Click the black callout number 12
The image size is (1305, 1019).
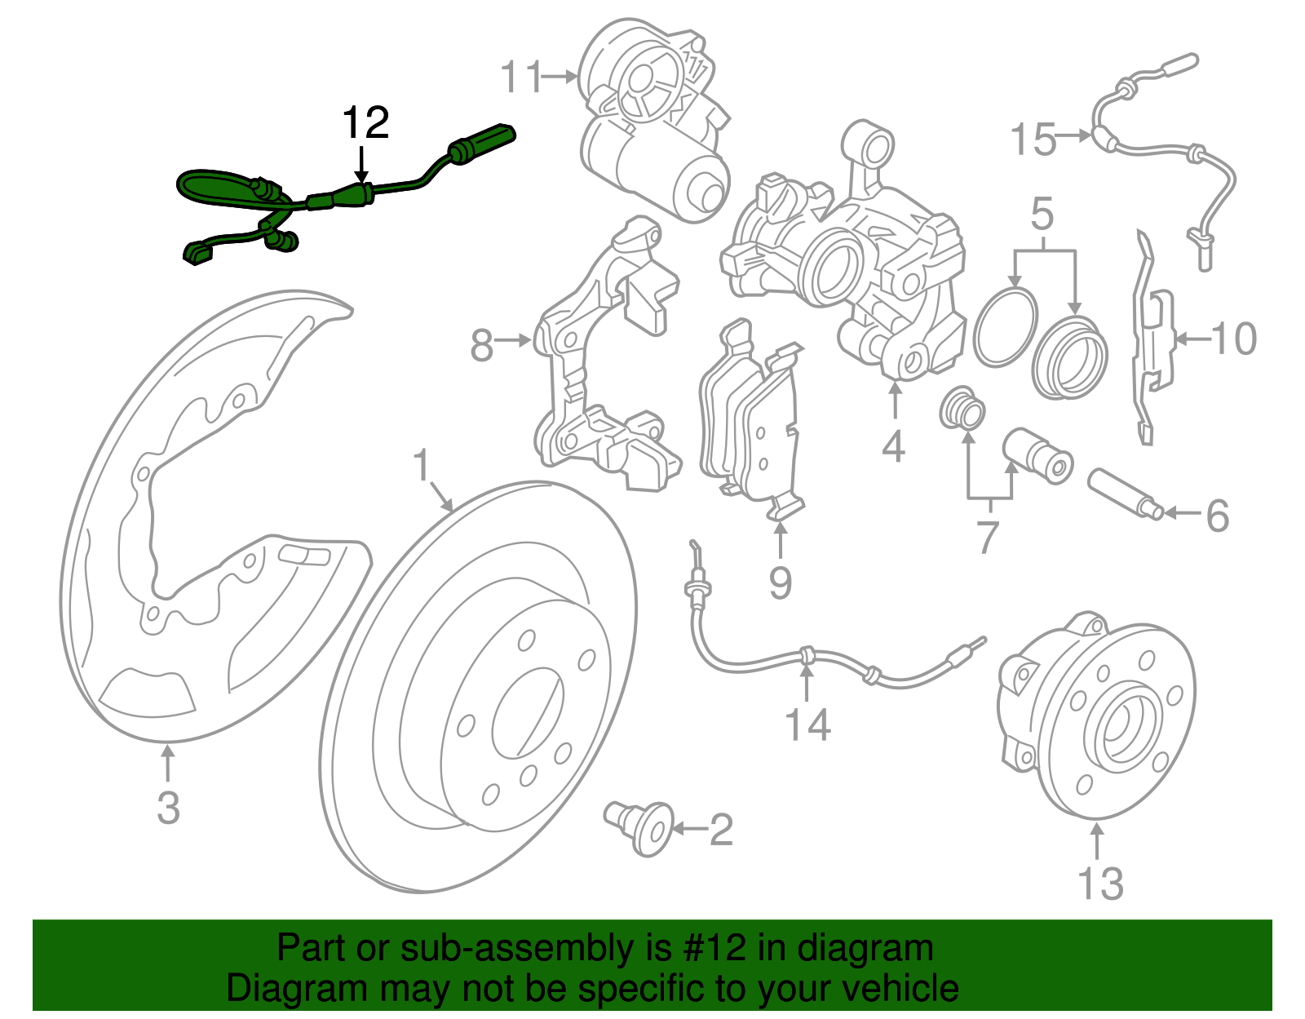pos(365,123)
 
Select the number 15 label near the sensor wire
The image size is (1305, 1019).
pos(1033,140)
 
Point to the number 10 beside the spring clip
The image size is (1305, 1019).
pos(1233,339)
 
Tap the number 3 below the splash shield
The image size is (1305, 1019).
pos(168,807)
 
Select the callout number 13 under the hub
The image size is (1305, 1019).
pos(1100,883)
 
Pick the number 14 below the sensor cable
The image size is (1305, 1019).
pos(807,724)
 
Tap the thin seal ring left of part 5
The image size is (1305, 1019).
pos(1006,326)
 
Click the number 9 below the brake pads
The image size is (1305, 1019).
pos(781,583)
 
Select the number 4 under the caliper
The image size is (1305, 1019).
pos(894,446)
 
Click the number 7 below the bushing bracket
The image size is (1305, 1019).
pos(988,538)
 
